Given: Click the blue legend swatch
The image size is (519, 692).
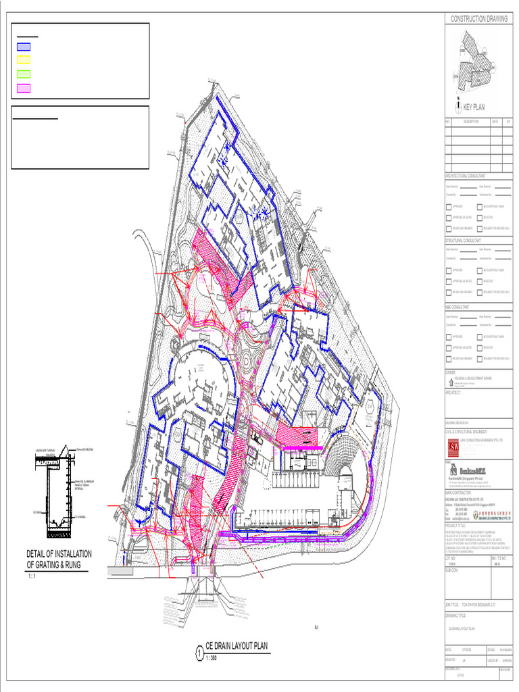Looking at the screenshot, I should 24,47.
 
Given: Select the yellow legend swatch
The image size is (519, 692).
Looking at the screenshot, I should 24,60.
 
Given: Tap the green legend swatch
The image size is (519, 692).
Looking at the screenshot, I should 24,74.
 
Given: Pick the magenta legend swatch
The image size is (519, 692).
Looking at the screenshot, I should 24,87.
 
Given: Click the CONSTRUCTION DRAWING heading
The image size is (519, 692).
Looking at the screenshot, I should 478,19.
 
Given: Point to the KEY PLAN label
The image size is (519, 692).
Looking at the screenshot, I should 474,107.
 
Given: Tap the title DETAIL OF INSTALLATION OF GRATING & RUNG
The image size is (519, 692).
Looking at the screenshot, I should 58,559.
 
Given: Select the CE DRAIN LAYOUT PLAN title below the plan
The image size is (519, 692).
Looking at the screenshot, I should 237,647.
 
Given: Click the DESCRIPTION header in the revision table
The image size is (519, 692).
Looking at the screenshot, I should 470,122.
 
